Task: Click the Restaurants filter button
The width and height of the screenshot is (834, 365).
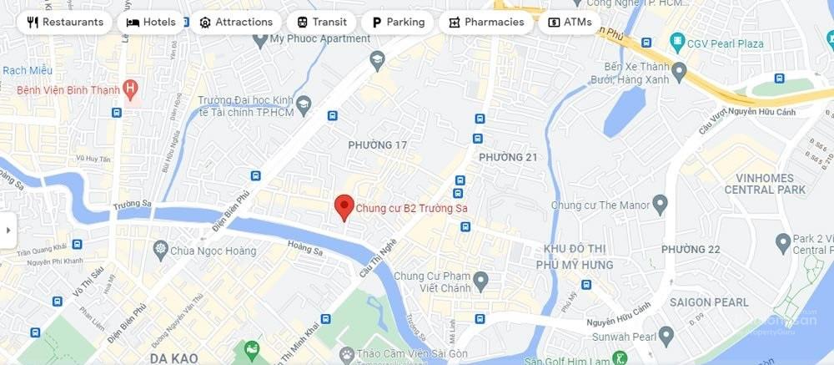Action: pyautogui.click(x=65, y=23)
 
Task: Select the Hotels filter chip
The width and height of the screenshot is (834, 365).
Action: pyautogui.click(x=151, y=23)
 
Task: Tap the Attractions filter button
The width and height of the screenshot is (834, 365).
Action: pyautogui.click(x=235, y=23)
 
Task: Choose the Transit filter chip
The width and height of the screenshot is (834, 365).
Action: pyautogui.click(x=321, y=23)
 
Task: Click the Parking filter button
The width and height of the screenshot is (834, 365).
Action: pyautogui.click(x=398, y=23)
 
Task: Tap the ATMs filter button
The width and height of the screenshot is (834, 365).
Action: pyautogui.click(x=570, y=23)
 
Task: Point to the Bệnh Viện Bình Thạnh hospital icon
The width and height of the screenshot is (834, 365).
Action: pyautogui.click(x=129, y=88)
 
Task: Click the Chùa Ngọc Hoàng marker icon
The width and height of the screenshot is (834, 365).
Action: pyautogui.click(x=161, y=249)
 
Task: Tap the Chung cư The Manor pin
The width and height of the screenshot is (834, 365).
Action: pyautogui.click(x=661, y=203)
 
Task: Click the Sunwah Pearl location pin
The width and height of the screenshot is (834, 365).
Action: pyautogui.click(x=666, y=336)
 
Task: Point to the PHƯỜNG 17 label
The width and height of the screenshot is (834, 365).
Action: pyautogui.click(x=378, y=145)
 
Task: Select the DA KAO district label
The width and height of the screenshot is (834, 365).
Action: pyautogui.click(x=173, y=358)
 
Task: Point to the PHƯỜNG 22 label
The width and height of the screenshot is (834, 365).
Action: pyautogui.click(x=690, y=250)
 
